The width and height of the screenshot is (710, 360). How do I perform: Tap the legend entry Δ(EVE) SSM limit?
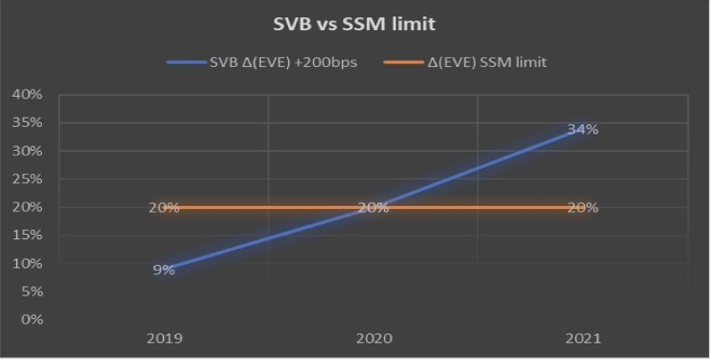click(487, 62)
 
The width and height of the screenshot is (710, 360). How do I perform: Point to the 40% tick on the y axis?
click(27, 94)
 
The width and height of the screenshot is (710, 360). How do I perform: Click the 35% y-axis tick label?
click(27, 123)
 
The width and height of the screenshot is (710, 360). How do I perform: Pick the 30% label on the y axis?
click(27, 151)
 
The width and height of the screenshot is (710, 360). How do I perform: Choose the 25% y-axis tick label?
click(27, 179)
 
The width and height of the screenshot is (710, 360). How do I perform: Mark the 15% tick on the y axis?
click(27, 235)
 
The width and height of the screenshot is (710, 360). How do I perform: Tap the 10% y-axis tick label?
click(27, 263)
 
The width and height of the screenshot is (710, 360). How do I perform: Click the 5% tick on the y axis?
click(30, 291)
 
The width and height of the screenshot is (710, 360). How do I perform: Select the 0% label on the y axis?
click(30, 320)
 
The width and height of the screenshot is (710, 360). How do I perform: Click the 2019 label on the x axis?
click(164, 337)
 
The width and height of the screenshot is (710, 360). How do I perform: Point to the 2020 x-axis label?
click(374, 337)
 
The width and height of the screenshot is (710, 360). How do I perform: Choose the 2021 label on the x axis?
click(583, 337)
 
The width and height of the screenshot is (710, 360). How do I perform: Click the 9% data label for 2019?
click(164, 270)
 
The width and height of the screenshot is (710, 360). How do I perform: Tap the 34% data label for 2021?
click(583, 129)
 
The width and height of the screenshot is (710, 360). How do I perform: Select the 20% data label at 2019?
click(164, 207)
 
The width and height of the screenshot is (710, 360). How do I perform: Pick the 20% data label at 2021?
click(583, 207)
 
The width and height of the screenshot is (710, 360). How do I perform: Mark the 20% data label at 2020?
click(374, 207)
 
